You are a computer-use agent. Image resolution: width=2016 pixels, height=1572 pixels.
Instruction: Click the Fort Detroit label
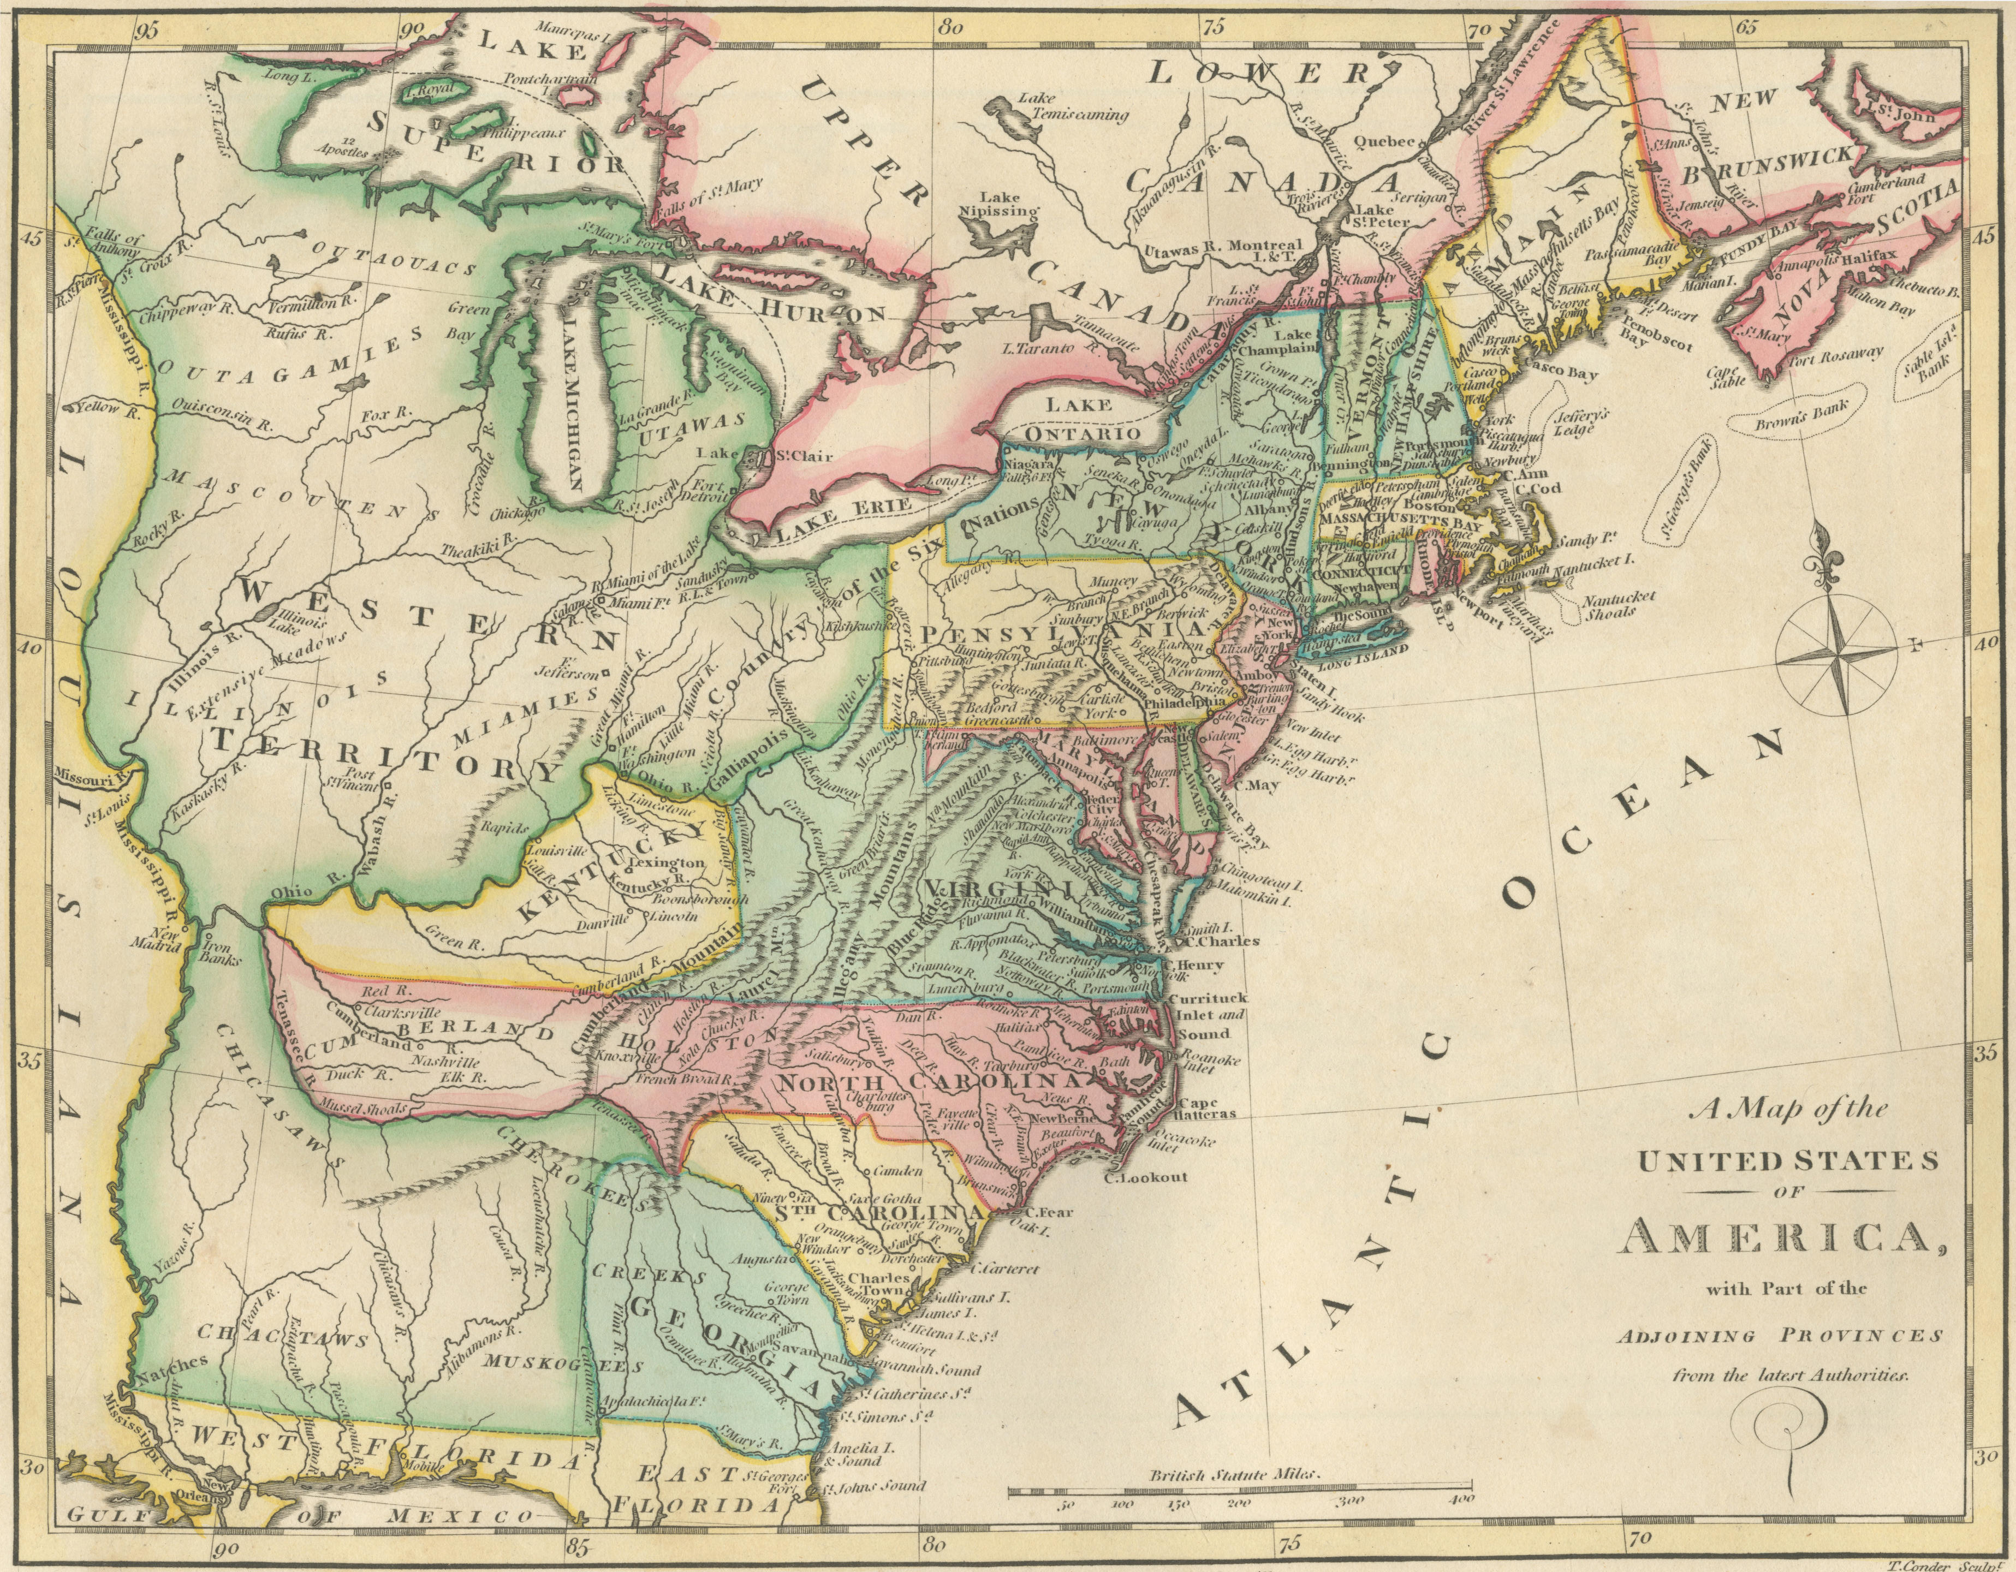pyautogui.click(x=707, y=489)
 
